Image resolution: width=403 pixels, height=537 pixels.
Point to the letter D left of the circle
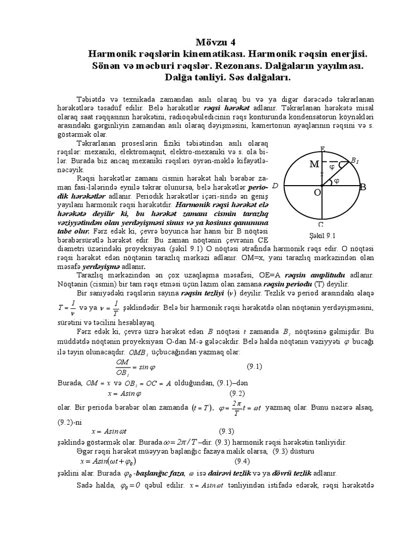(275, 186)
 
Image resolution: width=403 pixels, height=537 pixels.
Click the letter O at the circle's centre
(317, 192)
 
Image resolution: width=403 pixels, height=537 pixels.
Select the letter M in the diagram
(314, 165)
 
